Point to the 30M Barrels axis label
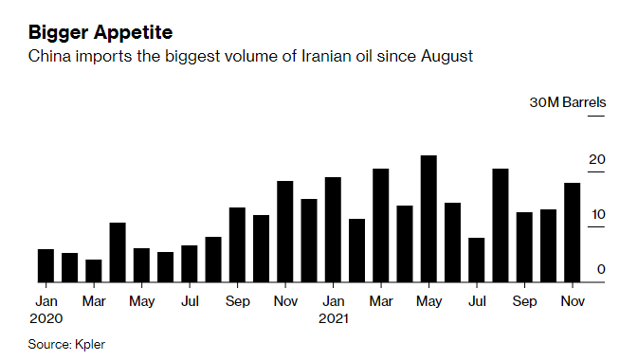click(x=567, y=102)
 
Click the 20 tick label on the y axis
click(x=596, y=160)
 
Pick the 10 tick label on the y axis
click(x=596, y=215)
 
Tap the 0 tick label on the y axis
click(x=601, y=270)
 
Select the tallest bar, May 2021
click(x=428, y=219)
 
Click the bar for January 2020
click(x=46, y=265)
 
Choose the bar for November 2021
click(x=572, y=232)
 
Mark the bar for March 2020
click(x=94, y=271)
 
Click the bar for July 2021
click(x=476, y=260)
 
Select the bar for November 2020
click(x=284, y=231)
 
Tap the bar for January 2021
click(x=333, y=229)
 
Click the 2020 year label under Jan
click(x=46, y=319)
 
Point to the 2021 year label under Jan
click(x=333, y=319)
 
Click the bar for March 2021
click(x=380, y=225)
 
